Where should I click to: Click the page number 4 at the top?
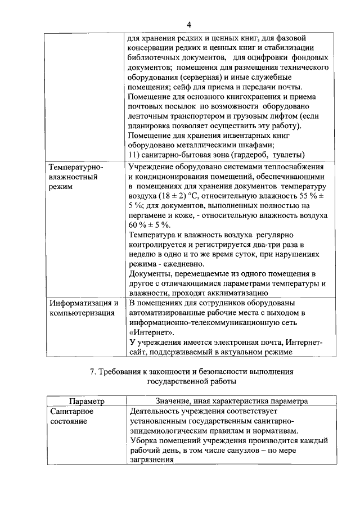pyautogui.click(x=189, y=25)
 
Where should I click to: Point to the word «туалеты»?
pyautogui.click(x=287, y=155)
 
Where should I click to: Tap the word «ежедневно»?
pyautogui.click(x=186, y=264)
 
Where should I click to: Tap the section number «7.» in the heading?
pyautogui.click(x=94, y=372)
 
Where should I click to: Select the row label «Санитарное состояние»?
pyautogui.click(x=71, y=416)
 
